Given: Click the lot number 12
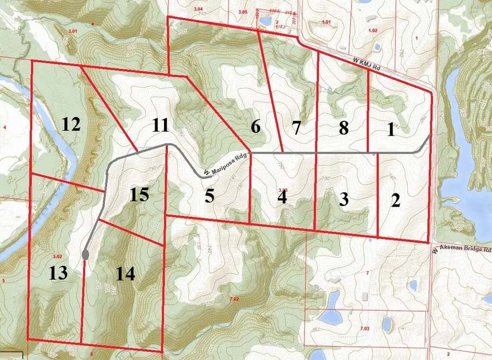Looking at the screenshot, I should [71, 125].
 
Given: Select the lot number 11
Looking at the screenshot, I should [160, 126].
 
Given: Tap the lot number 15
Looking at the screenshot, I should [139, 194].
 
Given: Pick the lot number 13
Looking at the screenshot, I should [58, 273].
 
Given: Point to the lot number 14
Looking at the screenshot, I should [125, 273].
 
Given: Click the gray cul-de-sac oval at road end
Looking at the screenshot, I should [85, 255].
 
